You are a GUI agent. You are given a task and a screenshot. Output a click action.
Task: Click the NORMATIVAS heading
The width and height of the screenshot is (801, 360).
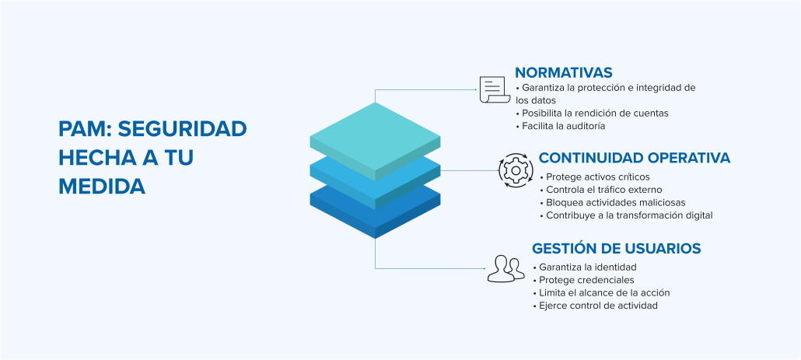564,72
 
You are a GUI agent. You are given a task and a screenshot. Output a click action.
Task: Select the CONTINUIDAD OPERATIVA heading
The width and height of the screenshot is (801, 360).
635,158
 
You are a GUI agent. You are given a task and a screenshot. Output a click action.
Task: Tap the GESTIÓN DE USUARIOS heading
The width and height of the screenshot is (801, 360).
616,248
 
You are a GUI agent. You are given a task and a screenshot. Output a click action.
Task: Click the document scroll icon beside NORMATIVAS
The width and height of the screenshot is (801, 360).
495,89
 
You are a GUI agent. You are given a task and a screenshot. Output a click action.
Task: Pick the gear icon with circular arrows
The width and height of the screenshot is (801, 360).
516,170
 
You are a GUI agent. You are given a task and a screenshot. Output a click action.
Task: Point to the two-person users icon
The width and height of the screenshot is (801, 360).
505,268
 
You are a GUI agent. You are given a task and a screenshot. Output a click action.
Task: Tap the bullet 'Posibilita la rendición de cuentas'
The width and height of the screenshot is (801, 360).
592,113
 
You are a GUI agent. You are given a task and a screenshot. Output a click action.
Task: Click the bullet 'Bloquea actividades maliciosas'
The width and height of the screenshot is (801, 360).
613,202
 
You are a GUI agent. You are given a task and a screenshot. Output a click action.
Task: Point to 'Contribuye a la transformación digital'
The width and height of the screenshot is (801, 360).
626,215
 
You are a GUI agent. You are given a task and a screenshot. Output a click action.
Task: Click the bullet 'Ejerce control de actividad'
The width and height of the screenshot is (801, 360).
595,306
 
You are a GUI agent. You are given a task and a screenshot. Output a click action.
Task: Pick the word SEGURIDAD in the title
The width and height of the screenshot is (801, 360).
183,129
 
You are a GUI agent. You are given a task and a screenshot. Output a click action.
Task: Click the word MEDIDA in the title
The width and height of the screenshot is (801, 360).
102,187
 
